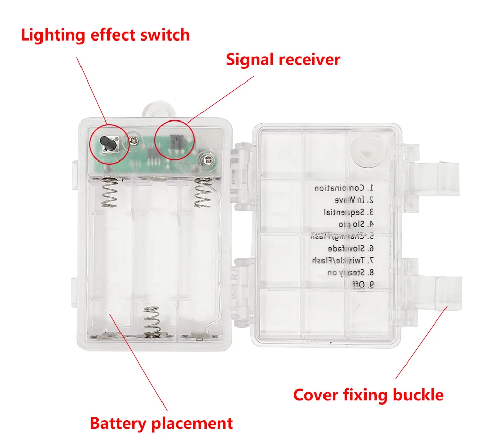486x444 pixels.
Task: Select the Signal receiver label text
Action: click(x=282, y=59)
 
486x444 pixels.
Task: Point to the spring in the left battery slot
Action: click(x=110, y=192)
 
